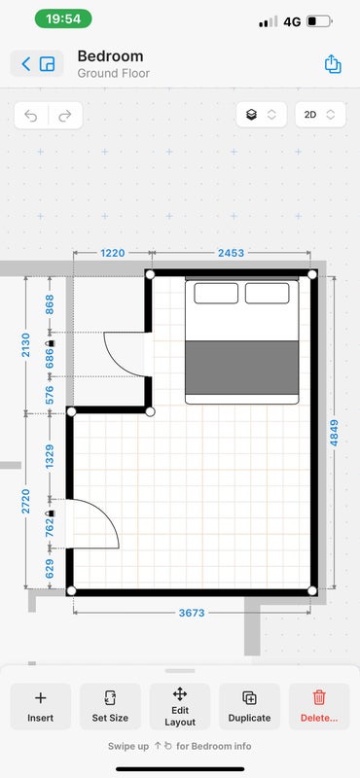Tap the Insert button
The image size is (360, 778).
click(x=41, y=706)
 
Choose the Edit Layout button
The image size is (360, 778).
click(x=180, y=706)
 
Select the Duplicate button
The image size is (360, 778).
click(x=249, y=706)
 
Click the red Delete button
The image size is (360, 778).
click(x=319, y=706)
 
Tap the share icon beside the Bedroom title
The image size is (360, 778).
click(x=333, y=64)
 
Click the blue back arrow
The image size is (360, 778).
click(x=26, y=63)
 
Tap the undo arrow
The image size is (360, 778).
click(x=31, y=116)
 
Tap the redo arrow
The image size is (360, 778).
click(x=65, y=116)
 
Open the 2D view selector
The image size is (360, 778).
click(x=320, y=115)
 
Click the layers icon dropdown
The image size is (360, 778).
click(x=261, y=115)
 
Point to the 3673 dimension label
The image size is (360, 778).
click(x=192, y=613)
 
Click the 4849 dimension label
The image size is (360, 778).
click(x=334, y=433)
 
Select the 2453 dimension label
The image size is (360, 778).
click(x=231, y=253)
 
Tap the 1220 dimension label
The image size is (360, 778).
click(x=113, y=253)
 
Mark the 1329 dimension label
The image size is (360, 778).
click(x=50, y=456)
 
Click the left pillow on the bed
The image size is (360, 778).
click(x=216, y=294)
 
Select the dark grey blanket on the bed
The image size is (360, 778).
click(x=242, y=368)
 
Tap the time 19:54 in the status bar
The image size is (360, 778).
click(x=63, y=18)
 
